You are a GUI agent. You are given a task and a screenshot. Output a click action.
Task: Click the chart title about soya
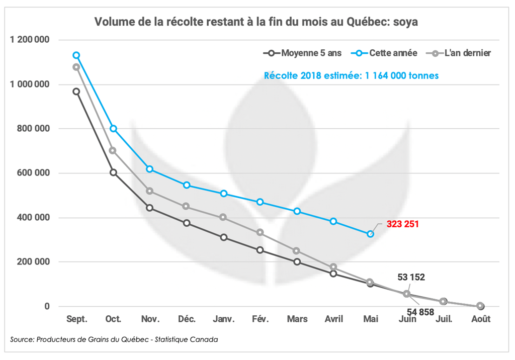(x=256, y=22)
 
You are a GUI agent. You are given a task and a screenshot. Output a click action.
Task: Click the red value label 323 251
(x=402, y=224)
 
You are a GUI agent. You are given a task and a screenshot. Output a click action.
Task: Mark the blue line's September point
(x=76, y=55)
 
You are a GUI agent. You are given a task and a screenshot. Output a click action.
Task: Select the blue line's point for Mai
(x=371, y=234)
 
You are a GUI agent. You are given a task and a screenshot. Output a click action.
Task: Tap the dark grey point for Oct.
(x=113, y=172)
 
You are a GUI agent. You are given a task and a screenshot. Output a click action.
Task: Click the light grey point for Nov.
(x=150, y=191)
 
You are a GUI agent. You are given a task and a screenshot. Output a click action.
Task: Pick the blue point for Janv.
(x=223, y=194)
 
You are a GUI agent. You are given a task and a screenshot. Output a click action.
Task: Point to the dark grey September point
(x=76, y=92)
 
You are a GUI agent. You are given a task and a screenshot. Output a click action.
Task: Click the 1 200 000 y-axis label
(x=30, y=40)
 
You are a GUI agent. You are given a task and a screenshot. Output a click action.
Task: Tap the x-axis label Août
(x=480, y=319)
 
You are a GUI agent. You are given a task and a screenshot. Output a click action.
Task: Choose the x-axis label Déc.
(x=187, y=319)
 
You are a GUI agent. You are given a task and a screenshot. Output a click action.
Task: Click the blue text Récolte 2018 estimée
(x=351, y=76)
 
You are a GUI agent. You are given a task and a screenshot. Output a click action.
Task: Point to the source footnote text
(x=114, y=339)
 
